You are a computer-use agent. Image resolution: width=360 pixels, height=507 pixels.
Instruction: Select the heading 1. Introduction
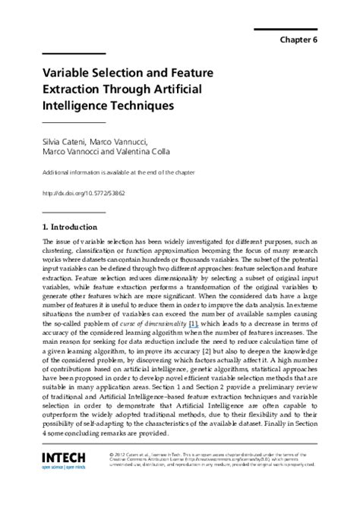point(70,226)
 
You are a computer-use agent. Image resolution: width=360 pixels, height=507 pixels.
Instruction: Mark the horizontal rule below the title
point(73,122)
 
